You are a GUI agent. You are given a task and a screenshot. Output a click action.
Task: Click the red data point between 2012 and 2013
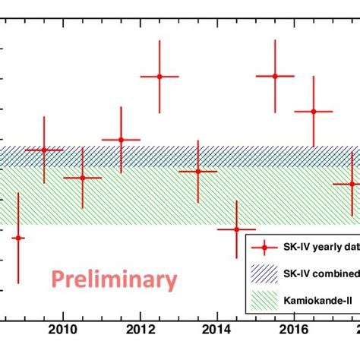click(159, 77)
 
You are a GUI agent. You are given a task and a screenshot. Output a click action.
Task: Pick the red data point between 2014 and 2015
click(236, 229)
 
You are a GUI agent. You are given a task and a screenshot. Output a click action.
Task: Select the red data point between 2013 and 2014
click(198, 171)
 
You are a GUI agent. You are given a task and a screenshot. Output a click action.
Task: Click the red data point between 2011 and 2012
click(121, 140)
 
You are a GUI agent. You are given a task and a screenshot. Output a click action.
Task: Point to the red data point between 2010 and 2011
click(82, 178)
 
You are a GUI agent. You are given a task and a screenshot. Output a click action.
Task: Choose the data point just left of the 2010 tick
click(43, 150)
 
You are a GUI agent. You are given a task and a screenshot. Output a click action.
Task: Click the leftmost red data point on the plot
click(18, 238)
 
